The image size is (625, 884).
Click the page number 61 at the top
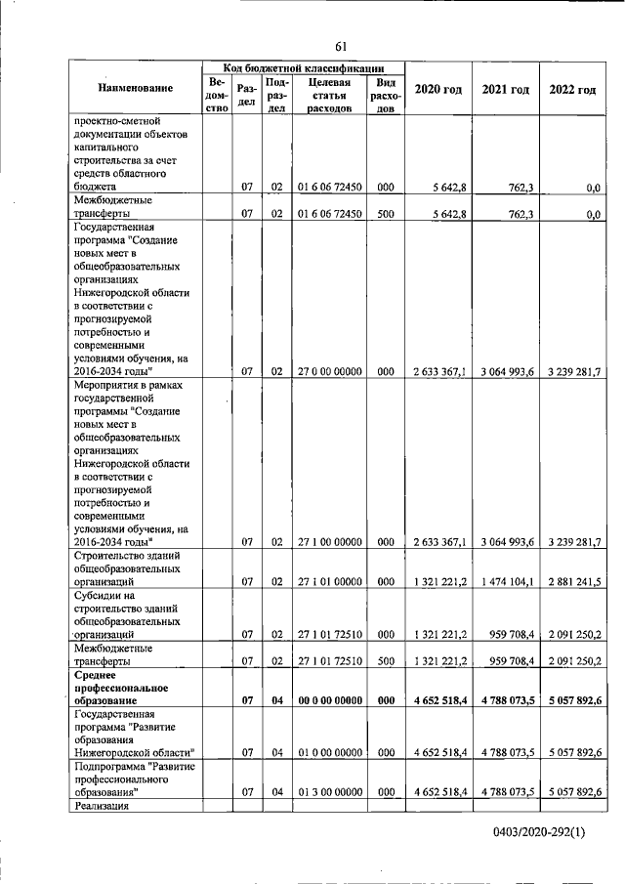tap(342, 46)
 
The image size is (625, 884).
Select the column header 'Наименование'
tap(136, 89)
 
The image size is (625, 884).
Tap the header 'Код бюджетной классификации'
tap(301, 66)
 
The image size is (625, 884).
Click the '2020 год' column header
tap(438, 89)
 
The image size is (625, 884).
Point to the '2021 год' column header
tap(506, 89)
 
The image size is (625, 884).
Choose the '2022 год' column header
tap(572, 89)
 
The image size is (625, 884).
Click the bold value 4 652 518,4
tap(438, 700)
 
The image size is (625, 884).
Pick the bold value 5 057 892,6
tap(572, 700)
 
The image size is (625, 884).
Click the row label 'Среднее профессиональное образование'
tap(123, 688)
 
